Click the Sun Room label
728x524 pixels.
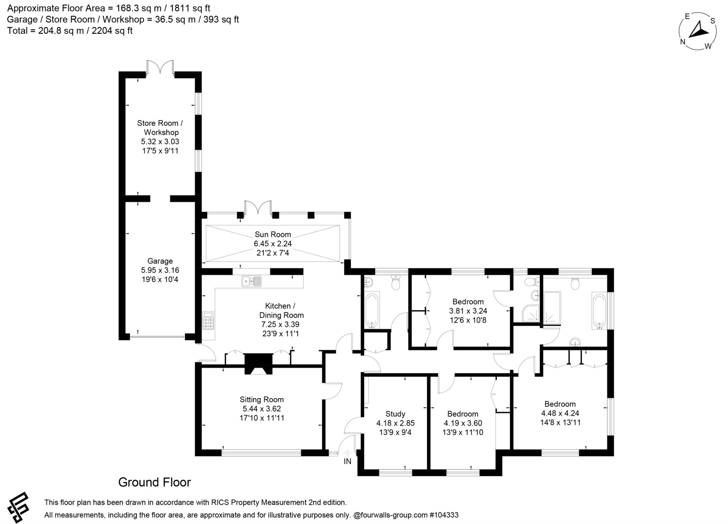pyautogui.click(x=273, y=234)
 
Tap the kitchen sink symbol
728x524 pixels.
pyautogui.click(x=251, y=281)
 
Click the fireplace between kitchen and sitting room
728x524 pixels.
pyautogui.click(x=258, y=364)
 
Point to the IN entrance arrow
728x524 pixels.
pyautogui.click(x=347, y=453)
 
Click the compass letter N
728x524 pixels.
pyautogui.click(x=682, y=42)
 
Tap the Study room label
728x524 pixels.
pyautogui.click(x=395, y=414)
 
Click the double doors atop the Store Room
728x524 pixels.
pyautogui.click(x=160, y=67)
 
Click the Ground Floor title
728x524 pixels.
pyautogui.click(x=154, y=482)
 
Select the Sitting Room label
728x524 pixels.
pyautogui.click(x=262, y=400)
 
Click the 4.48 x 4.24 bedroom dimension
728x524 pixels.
pyautogui.click(x=560, y=413)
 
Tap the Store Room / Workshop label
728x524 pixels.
pyautogui.click(x=160, y=128)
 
